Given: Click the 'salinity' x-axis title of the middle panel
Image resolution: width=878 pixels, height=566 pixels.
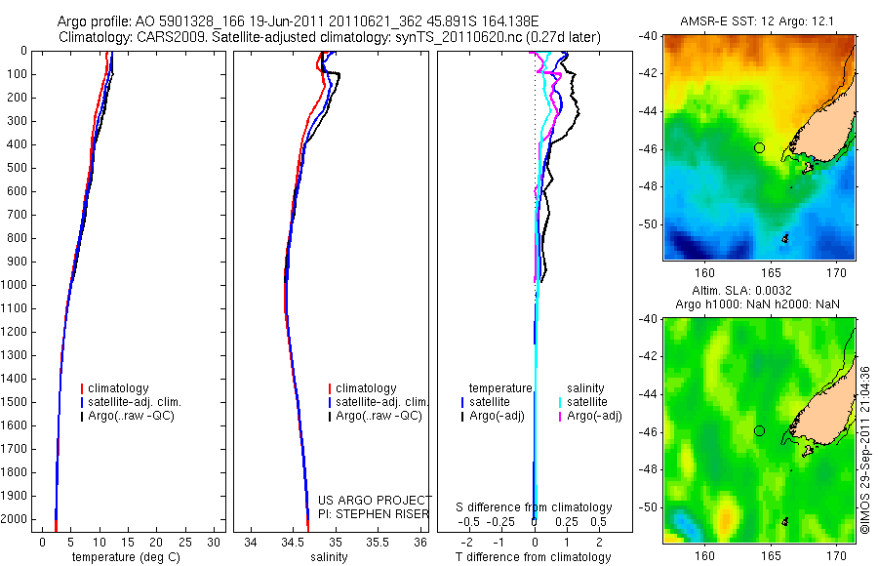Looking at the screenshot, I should [329, 557].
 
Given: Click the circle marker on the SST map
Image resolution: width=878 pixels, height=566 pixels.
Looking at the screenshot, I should [759, 147].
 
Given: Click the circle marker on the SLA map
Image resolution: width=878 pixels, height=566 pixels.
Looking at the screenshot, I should [759, 430].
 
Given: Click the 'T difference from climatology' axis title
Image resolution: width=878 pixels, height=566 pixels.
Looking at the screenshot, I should [533, 557].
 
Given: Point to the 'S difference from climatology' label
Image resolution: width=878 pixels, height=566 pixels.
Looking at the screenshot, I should [535, 507].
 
